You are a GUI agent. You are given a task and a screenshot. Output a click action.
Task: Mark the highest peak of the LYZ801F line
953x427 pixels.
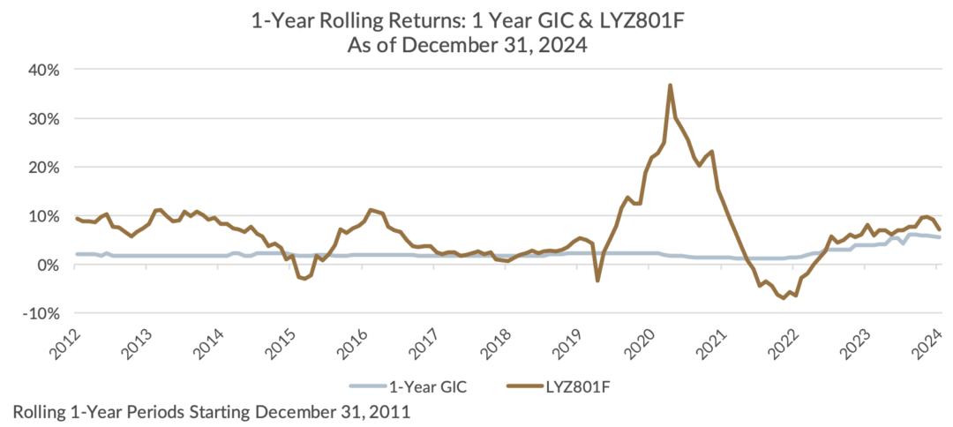coord(671,86)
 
